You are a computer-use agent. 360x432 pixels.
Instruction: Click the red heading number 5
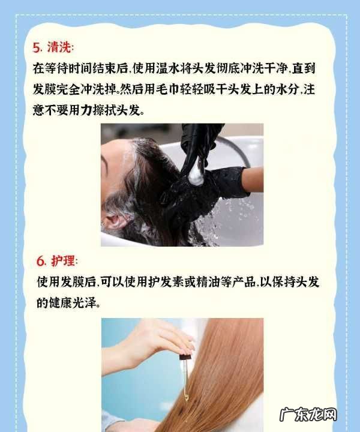37,47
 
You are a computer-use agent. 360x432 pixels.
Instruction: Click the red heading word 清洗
59,47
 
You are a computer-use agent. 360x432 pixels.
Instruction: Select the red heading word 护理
63,260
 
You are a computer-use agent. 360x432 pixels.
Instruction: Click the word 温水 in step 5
168,68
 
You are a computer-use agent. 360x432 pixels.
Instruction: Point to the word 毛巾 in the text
168,89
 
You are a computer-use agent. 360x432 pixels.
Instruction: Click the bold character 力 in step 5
86,110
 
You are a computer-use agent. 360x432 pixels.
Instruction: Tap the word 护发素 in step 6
166,282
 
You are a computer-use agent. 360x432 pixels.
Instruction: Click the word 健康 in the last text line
61,303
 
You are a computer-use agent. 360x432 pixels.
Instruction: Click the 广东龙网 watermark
308,415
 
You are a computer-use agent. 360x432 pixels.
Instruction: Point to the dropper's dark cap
185,358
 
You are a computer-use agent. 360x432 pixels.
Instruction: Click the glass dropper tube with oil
185,380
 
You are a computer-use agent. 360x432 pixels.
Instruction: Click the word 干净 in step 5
276,68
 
